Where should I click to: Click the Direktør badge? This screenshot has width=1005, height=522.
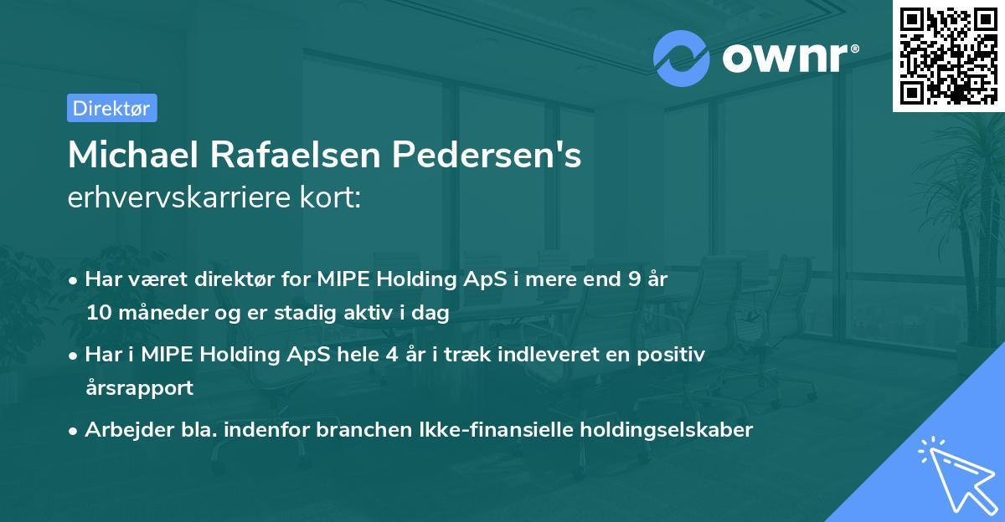pyautogui.click(x=111, y=108)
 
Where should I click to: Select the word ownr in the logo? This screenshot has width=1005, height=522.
pyautogui.click(x=788, y=55)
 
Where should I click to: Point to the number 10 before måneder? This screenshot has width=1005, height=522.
pyautogui.click(x=97, y=314)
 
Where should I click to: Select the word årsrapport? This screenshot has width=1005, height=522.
pyautogui.click(x=139, y=388)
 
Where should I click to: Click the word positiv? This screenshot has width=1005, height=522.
pyautogui.click(x=674, y=354)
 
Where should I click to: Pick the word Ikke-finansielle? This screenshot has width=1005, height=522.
pyautogui.click(x=497, y=430)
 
